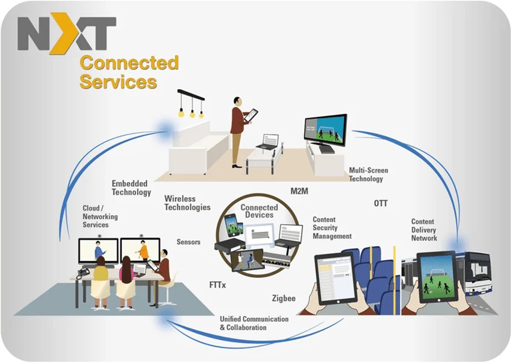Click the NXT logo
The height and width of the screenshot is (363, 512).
66,34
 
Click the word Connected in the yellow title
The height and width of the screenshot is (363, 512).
129,63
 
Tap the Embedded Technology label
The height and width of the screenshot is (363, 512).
131,188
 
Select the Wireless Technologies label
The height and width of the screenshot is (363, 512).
187,203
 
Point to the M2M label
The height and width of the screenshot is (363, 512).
299,191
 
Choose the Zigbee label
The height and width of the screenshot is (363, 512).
284,297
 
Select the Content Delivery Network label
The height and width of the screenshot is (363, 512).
424,230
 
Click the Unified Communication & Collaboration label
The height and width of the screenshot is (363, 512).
254,323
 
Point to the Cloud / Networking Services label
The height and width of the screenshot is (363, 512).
100,216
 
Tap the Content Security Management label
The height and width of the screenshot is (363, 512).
332,228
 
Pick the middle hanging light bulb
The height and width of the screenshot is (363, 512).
192,112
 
